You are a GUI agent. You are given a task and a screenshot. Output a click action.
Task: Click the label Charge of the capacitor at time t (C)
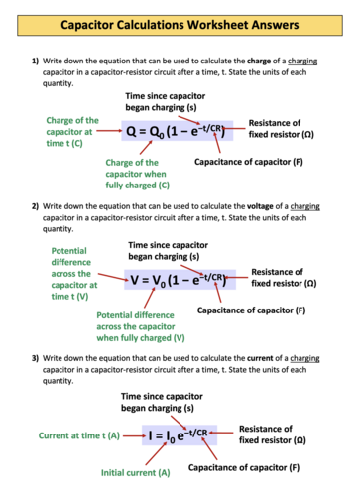coord(72,132)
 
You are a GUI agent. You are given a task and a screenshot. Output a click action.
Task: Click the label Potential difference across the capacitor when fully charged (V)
coord(141,325)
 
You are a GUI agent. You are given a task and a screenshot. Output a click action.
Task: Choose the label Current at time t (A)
coord(78,434)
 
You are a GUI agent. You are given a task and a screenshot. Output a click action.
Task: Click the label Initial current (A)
coord(136,472)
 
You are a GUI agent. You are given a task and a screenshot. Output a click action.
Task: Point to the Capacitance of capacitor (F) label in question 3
coord(245,466)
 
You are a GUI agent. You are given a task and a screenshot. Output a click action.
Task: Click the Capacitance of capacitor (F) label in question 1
coord(249,161)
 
